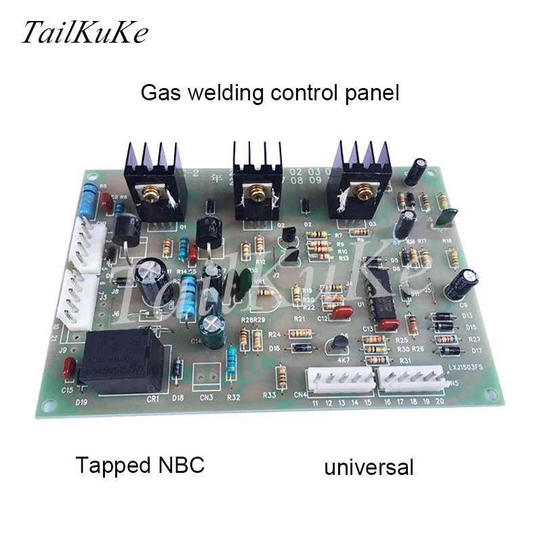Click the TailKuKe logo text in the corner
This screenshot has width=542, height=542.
[84, 33]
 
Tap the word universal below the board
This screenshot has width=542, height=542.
[369, 467]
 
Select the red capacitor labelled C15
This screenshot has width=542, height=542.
[67, 370]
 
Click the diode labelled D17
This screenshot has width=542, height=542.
[447, 351]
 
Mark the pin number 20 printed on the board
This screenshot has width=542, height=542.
[440, 401]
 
